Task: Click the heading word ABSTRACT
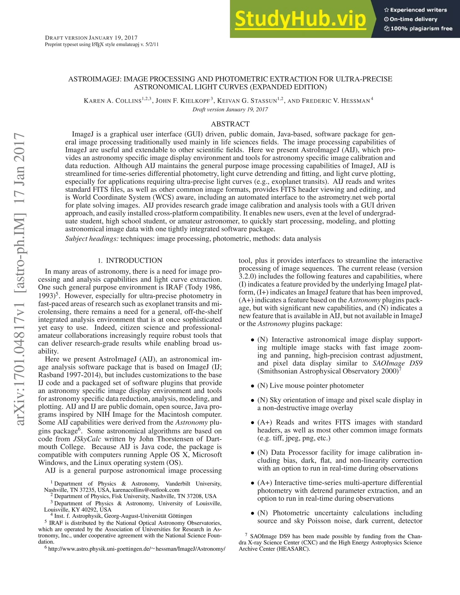point(230,124)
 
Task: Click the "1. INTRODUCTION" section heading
point(130,260)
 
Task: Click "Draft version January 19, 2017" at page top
point(91,38)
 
